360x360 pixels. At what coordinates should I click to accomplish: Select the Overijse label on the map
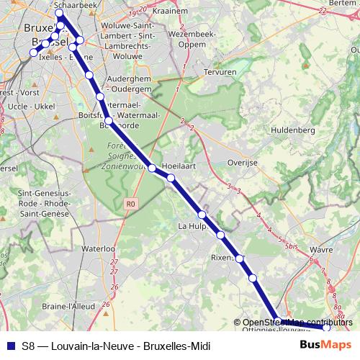[242, 163]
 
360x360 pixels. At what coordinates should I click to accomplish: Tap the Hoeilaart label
[181, 165]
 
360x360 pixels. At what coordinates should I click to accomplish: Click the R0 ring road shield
[130, 204]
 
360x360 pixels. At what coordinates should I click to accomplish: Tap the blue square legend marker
[9, 346]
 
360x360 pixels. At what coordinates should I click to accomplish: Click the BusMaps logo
[325, 345]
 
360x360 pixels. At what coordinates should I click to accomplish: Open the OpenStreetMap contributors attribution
[298, 322]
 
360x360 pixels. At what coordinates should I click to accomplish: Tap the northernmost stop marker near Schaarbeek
[59, 14]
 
